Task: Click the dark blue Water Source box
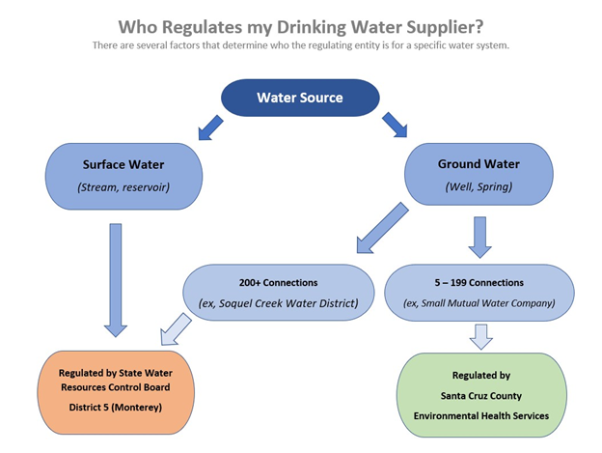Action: coord(300,97)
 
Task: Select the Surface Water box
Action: coord(123,176)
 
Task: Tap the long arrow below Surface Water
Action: coord(116,278)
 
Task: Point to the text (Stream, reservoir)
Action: coord(123,187)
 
